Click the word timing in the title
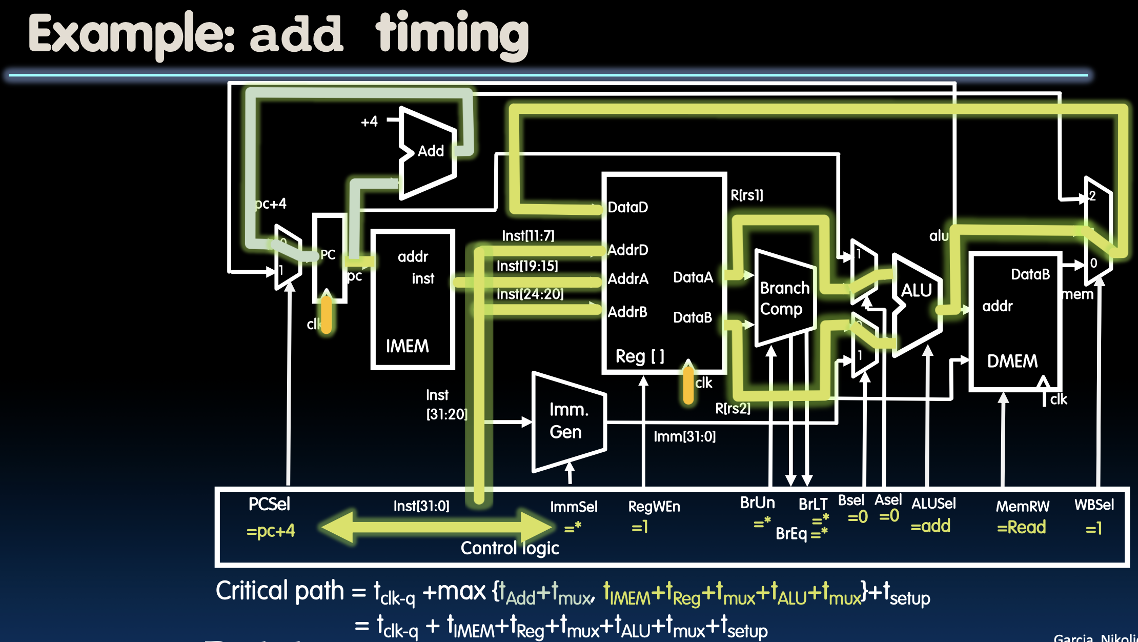pos(452,35)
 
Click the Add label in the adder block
pos(431,151)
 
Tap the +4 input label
pos(369,122)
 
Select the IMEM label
pos(407,346)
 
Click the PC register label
pos(328,254)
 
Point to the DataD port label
pos(628,207)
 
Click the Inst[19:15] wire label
pos(527,266)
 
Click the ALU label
pos(916,291)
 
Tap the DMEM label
pos(1012,361)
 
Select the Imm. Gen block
pos(568,421)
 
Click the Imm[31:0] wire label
pos(684,436)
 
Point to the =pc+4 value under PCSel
pos(271,531)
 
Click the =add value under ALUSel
pos(930,526)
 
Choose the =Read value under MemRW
pos(1021,527)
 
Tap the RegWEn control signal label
pos(654,507)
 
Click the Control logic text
pos(510,548)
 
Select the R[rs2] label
pos(733,408)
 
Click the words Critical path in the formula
pos(279,591)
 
